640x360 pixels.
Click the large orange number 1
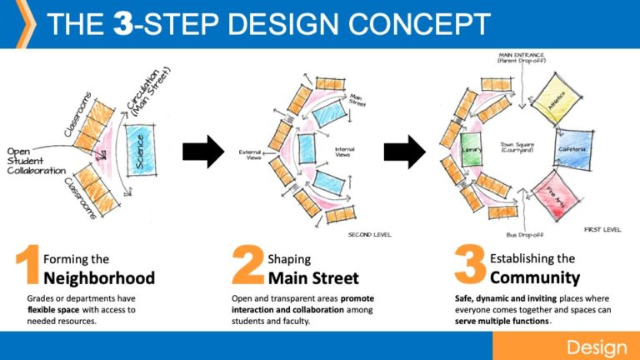pyautogui.click(x=27, y=265)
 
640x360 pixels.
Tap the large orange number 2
pyautogui.click(x=247, y=265)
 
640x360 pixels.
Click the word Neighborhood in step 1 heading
pyautogui.click(x=97, y=277)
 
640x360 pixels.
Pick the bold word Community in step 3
pyautogui.click(x=534, y=277)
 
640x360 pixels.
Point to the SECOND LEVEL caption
pyautogui.click(x=370, y=236)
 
